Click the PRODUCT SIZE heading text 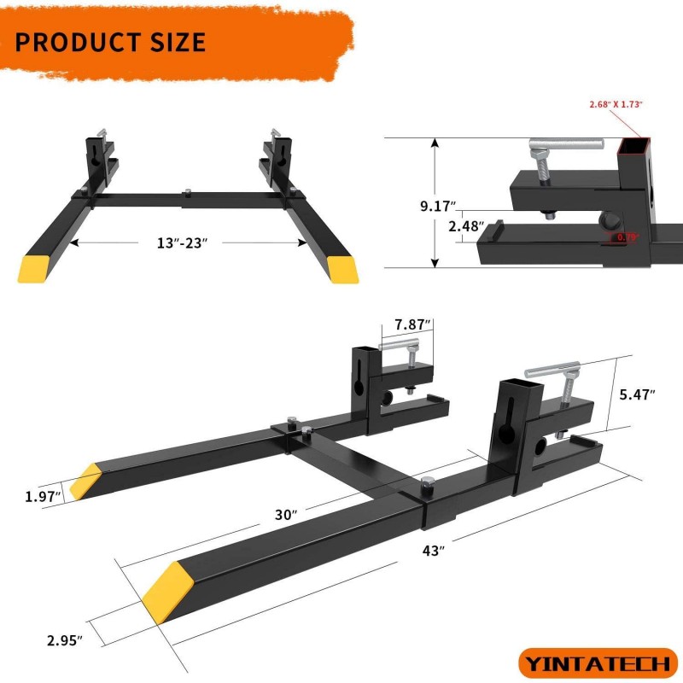tap(110, 41)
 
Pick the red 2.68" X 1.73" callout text tap(616, 104)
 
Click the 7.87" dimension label tap(412, 324)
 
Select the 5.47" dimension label tap(637, 394)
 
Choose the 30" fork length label tap(285, 515)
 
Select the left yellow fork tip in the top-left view tap(36, 268)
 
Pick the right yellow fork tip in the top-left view tap(342, 269)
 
